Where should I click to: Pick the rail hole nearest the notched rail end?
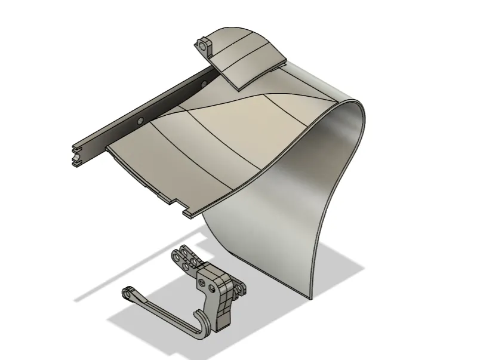click(140, 121)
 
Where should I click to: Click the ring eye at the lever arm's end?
click(128, 292)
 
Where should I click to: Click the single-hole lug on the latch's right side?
click(240, 290)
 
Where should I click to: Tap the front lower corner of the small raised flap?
click(238, 88)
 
